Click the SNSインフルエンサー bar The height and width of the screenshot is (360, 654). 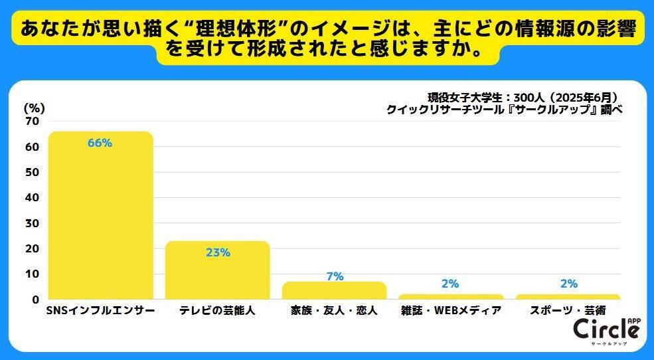point(100,219)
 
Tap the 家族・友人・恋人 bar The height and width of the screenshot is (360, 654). point(335,291)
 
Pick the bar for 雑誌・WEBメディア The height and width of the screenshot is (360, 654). point(451,296)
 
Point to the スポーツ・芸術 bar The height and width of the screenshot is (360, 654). point(568,296)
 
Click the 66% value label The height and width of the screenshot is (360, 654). point(100,143)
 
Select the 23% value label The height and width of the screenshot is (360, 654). point(217,252)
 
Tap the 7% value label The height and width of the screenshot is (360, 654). point(335,276)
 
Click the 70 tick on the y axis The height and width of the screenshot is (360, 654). point(32,122)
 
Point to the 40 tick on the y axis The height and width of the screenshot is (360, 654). point(32,198)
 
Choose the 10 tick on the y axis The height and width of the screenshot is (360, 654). point(32,274)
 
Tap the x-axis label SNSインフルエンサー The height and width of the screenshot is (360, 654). point(100,311)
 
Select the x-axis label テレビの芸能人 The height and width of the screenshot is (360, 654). point(217,311)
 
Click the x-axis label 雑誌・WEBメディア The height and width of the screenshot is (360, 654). point(451,311)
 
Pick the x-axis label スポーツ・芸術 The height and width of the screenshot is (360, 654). point(568,311)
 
